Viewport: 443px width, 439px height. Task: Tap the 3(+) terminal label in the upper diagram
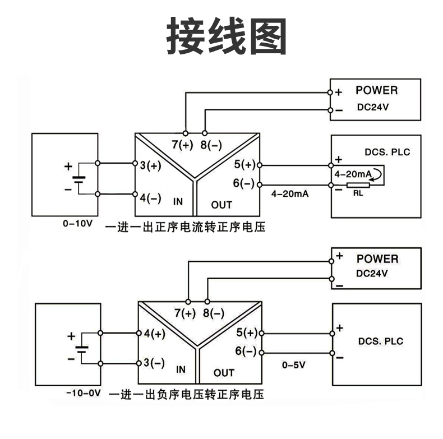(x=150, y=165)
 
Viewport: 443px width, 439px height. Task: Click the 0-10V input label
(x=77, y=223)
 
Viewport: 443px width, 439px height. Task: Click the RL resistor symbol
(x=356, y=186)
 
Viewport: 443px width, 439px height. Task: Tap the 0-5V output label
(x=293, y=365)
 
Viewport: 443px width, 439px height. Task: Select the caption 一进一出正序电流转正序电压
(x=184, y=227)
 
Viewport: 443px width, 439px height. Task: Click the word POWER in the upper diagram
(x=376, y=90)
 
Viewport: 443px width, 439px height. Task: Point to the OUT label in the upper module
(x=221, y=204)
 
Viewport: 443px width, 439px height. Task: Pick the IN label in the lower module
(x=181, y=369)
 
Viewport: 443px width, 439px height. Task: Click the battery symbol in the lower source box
(x=82, y=348)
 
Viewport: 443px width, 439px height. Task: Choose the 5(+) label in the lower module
(x=246, y=333)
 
